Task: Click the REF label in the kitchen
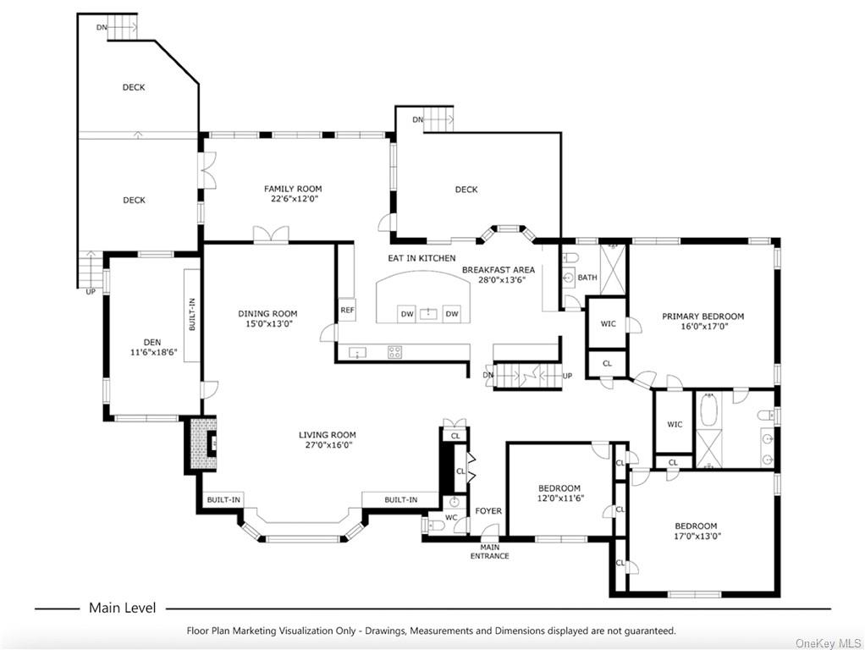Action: (x=347, y=310)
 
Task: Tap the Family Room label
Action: (x=293, y=189)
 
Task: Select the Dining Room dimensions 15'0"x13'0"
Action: (x=268, y=323)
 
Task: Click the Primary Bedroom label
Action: (x=702, y=317)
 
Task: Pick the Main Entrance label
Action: (x=489, y=551)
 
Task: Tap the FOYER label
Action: (x=488, y=511)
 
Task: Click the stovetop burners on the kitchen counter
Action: (x=394, y=352)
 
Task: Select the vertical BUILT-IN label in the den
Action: (x=192, y=315)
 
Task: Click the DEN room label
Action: (x=152, y=342)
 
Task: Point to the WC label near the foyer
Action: (x=451, y=518)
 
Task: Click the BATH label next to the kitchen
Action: (x=587, y=278)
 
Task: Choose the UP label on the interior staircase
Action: (x=567, y=376)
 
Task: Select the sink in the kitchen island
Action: (x=428, y=313)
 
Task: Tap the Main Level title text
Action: (x=123, y=608)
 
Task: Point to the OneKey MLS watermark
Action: (x=828, y=643)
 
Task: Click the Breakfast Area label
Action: (x=499, y=270)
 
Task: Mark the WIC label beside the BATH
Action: (x=608, y=324)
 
